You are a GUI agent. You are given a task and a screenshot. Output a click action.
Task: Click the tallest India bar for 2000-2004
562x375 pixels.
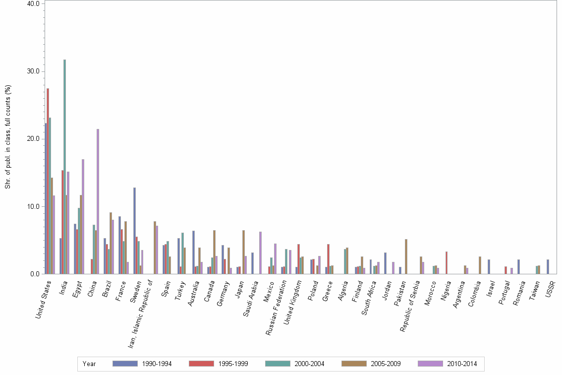64,167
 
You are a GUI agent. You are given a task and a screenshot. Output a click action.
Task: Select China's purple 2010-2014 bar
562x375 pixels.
98,201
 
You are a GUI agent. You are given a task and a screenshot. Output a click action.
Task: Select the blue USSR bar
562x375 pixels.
548,266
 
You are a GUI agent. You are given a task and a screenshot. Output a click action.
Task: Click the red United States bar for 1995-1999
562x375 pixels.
48,181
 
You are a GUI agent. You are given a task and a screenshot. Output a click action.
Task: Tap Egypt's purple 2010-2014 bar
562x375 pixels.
83,216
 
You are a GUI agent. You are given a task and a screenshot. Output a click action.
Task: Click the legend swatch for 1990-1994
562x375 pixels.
125,364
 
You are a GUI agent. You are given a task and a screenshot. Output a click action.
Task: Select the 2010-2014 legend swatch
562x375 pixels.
431,364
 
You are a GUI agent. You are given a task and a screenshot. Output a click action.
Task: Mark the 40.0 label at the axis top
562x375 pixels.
33,4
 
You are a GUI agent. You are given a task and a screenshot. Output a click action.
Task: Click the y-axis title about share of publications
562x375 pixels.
7,137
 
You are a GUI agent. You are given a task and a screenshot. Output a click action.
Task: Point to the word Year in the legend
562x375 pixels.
89,364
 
